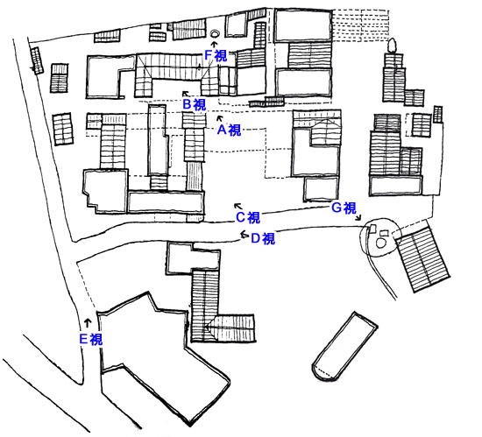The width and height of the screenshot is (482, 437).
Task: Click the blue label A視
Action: tap(229, 130)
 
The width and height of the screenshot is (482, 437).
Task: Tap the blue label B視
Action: tap(195, 105)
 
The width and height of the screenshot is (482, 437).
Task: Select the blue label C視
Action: tap(248, 217)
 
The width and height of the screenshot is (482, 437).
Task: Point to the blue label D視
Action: tap(263, 238)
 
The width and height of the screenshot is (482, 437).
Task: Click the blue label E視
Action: tap(91, 339)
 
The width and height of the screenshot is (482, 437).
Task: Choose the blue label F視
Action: tap(216, 55)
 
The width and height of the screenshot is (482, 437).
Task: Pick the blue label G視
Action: tap(344, 208)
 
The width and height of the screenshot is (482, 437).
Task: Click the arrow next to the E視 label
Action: tap(88, 323)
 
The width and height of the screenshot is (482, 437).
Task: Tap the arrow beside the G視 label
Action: tap(358, 217)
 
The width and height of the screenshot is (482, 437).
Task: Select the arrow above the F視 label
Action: tap(214, 44)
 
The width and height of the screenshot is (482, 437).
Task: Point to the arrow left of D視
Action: tap(245, 235)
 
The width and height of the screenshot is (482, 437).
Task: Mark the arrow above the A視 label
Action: tap(219, 118)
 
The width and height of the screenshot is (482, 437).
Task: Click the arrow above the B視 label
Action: tap(186, 94)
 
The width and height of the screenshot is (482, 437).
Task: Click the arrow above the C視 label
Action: tap(237, 206)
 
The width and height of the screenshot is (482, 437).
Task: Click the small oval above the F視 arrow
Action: tap(215, 33)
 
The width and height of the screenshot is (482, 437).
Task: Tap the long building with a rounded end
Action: tap(345, 347)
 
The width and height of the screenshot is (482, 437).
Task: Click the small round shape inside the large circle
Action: tap(381, 243)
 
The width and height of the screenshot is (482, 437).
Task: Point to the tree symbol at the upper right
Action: tap(392, 46)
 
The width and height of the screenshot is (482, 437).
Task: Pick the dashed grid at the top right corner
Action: tap(360, 25)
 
